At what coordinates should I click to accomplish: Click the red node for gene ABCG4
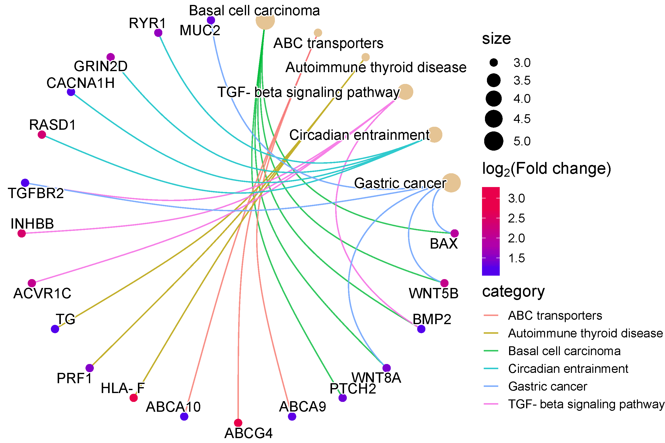238,423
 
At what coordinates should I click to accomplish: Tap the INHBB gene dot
21,233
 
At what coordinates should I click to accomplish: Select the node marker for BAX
454,233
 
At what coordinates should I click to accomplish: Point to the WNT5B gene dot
445,283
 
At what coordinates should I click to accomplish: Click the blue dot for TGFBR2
25,183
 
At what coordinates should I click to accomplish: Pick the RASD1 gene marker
42,134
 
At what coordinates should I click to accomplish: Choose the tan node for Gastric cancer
451,183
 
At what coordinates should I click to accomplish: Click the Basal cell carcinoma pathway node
265,20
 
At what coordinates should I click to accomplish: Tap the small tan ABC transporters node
318,33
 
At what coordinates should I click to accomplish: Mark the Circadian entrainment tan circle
434,134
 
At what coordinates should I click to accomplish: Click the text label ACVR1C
42,293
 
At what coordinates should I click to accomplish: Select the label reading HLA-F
123,388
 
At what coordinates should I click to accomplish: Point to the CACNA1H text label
81,83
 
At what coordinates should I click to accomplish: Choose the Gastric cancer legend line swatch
491,386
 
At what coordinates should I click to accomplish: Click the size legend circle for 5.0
494,141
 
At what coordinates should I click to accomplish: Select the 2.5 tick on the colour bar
516,218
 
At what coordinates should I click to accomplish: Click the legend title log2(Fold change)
546,169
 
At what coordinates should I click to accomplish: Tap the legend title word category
513,292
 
